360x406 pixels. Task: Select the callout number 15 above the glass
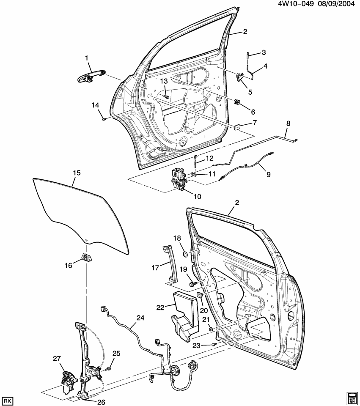(77, 173)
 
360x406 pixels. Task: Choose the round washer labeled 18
(185, 254)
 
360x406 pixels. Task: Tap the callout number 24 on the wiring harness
(140, 317)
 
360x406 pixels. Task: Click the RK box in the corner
(7, 400)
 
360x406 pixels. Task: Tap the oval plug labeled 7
(237, 126)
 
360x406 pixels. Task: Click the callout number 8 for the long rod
(289, 124)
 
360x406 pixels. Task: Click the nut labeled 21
(210, 328)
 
